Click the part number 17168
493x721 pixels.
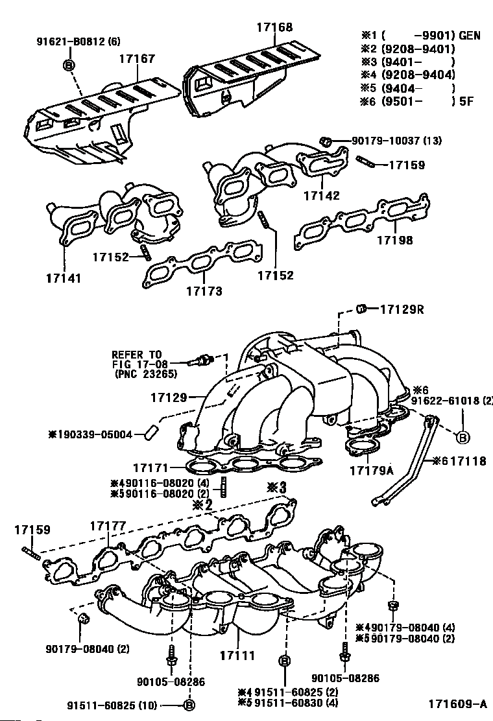pyautogui.click(x=275, y=27)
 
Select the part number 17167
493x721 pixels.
pyautogui.click(x=137, y=58)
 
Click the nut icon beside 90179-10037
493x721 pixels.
pyautogui.click(x=327, y=140)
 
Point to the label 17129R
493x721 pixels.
pyautogui.click(x=402, y=309)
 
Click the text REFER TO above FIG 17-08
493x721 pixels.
pyautogui.click(x=136, y=355)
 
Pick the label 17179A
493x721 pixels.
pyautogui.click(x=372, y=469)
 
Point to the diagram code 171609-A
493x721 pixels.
pyautogui.click(x=457, y=703)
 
